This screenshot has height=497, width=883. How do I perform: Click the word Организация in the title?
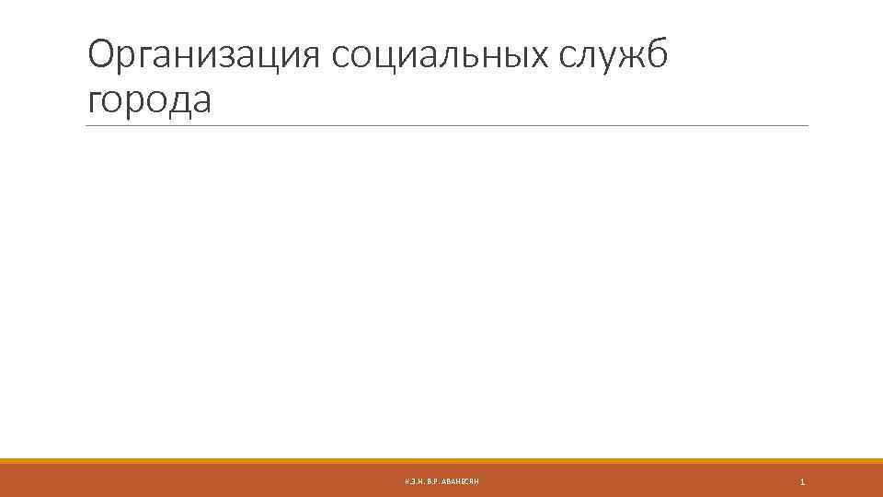(203, 57)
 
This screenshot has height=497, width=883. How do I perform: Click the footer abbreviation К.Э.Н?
(414, 482)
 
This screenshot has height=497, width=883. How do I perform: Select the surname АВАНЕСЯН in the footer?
(461, 482)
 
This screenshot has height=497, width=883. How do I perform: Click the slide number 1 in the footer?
(803, 482)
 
